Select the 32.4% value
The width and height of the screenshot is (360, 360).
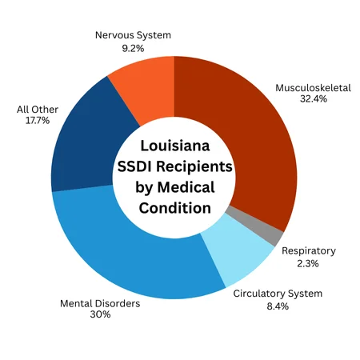tap(313, 102)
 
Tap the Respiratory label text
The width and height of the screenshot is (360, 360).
tap(309, 250)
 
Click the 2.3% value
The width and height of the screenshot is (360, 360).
tap(309, 264)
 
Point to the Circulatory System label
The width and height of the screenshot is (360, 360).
tap(278, 294)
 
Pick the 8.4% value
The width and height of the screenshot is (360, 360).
tap(278, 307)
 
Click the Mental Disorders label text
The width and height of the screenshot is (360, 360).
tap(101, 304)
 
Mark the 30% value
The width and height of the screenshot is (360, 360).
tap(101, 315)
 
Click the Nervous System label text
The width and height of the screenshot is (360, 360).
tap(133, 35)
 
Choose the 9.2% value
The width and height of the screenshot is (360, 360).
tap(133, 48)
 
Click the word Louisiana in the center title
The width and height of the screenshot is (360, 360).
tap(174, 147)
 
